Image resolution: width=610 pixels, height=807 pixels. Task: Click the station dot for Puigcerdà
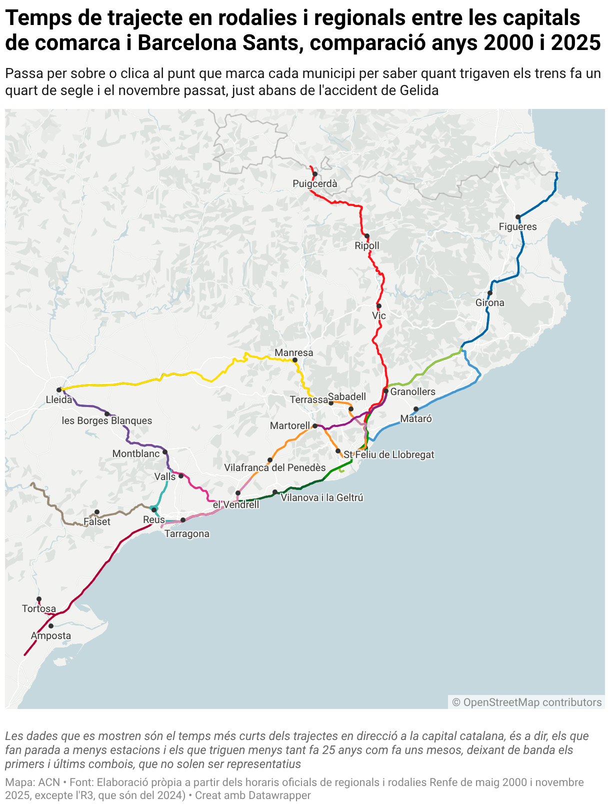coord(315,174)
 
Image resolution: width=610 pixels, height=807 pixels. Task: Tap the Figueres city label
coord(517,226)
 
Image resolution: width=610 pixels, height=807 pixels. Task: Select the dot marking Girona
coord(490,293)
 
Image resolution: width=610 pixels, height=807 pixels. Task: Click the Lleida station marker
coord(59,389)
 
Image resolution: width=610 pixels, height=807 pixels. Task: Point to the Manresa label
coord(294,352)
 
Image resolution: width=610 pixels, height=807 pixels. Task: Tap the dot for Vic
coord(379,306)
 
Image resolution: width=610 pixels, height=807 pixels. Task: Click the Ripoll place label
coord(367,245)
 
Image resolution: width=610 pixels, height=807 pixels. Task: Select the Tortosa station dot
coord(39,599)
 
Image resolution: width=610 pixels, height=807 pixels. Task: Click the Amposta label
coord(51,635)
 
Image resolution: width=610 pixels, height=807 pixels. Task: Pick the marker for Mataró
coord(415,409)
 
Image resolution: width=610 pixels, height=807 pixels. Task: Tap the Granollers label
coord(412,391)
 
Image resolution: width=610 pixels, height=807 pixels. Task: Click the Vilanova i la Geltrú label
coord(322,497)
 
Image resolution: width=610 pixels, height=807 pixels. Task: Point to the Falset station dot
coord(97,512)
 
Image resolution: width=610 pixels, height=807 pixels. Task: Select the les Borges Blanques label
coord(107,420)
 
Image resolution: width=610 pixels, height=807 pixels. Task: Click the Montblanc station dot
coord(165,452)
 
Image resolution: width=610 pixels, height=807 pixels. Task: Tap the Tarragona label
coord(187,533)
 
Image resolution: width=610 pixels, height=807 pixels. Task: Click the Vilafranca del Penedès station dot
coord(270,460)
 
